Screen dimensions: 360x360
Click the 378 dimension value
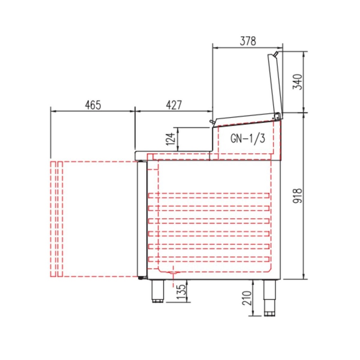pos(248,41)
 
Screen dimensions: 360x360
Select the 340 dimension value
pos(298,82)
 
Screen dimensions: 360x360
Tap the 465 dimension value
pos(93,105)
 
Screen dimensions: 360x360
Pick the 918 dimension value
pos(298,196)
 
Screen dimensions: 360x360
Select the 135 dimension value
pos(180,291)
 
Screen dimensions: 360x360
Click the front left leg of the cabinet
pos(157,291)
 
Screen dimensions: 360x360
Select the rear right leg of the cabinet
pos(270,297)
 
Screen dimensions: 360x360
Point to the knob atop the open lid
pos(275,54)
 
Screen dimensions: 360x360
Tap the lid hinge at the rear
pos(278,115)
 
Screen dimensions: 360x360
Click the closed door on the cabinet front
pos(142,219)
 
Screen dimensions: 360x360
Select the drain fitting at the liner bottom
pos(173,273)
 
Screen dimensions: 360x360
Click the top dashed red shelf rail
pos(209,195)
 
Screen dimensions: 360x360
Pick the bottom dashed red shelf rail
pos(209,259)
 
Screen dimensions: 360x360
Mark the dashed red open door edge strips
pos(56,219)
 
